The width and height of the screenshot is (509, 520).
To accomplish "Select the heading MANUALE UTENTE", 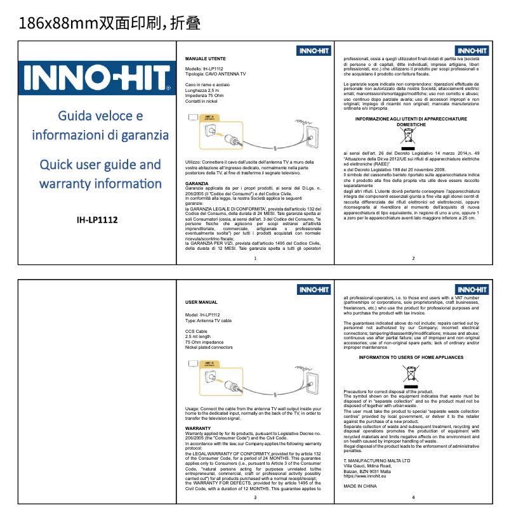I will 202,58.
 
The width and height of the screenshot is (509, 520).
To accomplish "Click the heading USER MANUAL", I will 201,302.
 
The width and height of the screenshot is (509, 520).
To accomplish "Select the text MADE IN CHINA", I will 360,486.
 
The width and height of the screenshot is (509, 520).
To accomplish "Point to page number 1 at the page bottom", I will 255,258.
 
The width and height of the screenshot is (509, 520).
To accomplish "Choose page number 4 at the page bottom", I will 413,497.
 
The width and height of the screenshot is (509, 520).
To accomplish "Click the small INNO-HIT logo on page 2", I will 472,51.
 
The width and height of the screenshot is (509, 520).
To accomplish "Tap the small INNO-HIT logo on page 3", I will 314,290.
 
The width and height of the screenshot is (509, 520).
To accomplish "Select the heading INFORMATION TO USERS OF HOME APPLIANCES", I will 411,358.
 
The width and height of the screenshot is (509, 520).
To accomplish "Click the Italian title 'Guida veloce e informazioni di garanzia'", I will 100,126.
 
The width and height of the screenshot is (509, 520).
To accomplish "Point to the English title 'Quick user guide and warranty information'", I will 100,174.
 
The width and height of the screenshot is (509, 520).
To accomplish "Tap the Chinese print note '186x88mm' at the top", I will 57,24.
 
